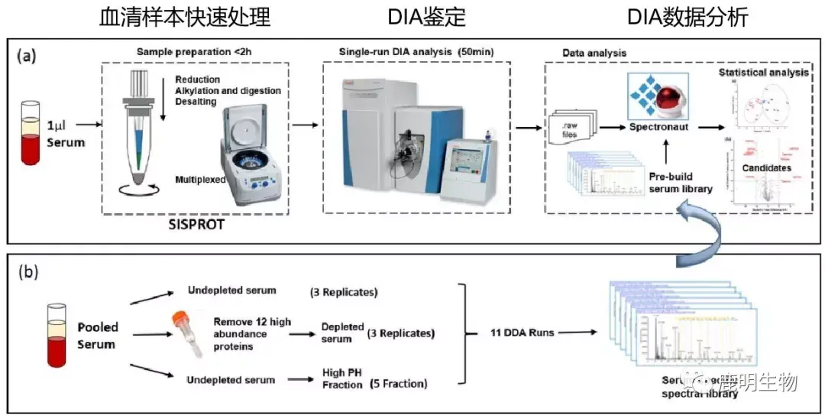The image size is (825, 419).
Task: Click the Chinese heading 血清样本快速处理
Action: [185, 17]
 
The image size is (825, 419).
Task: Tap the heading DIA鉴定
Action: [416, 17]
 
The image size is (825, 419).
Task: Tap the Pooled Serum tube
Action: [54, 334]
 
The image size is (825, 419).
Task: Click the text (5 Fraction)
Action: [398, 384]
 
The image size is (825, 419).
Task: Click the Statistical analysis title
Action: [763, 73]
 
